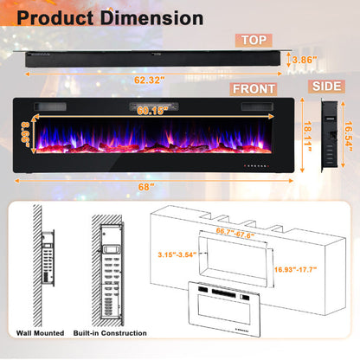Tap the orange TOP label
tap(255, 39)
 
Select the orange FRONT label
tap(254, 89)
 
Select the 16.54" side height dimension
tap(346, 136)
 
